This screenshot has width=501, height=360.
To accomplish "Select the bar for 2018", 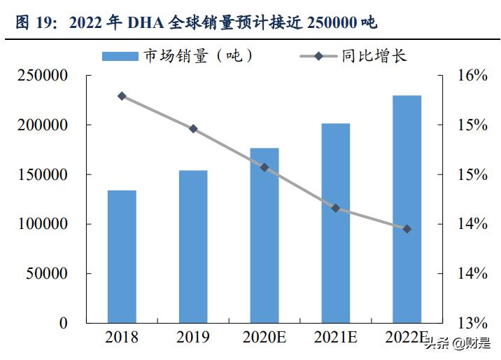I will coord(122,256).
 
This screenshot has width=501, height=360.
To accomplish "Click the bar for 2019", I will coord(193,247).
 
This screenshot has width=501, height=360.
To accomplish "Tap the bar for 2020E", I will coord(264,235).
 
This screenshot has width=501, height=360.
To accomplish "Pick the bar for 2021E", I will coord(335,223).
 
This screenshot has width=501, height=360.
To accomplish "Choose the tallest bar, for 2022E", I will coord(407,209).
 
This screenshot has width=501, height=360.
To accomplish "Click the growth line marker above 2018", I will coord(122,96).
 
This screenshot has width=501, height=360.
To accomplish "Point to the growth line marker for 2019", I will coord(193,129).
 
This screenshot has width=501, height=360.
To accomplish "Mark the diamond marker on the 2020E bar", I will coord(264,167).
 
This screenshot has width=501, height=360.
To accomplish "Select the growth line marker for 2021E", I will coord(335,208).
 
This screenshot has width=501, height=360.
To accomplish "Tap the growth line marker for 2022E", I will coord(407,229).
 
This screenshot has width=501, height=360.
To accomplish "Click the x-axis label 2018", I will coord(122,338).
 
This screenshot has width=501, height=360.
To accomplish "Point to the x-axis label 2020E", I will coord(264,338).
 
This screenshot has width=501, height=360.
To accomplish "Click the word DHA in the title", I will coord(143,23).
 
